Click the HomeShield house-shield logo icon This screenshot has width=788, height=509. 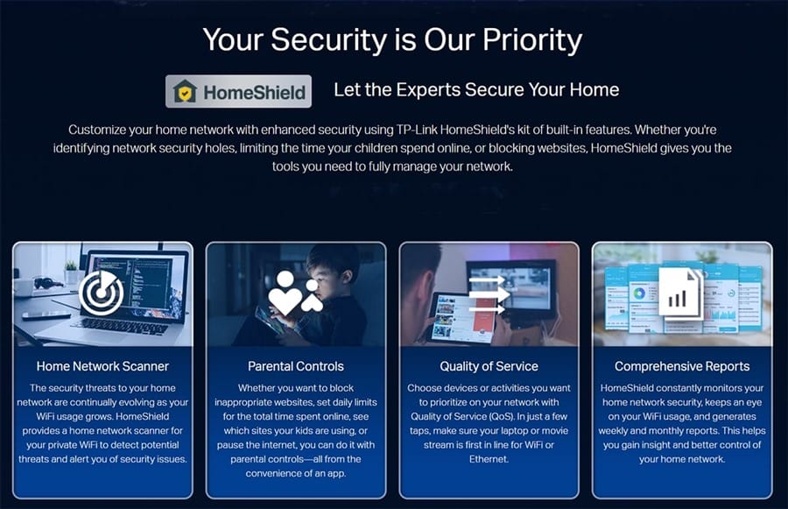point(185,91)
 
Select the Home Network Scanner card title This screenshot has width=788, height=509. point(102,366)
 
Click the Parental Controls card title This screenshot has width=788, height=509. point(296,366)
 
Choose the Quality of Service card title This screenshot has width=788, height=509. point(489,366)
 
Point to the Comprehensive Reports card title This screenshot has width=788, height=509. point(682,366)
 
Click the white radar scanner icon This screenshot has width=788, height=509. point(101,293)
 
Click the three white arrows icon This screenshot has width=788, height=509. point(487,294)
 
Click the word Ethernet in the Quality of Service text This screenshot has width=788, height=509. point(489,459)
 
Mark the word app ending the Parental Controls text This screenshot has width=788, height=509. point(336,474)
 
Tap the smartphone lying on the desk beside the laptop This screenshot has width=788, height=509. point(46,315)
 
